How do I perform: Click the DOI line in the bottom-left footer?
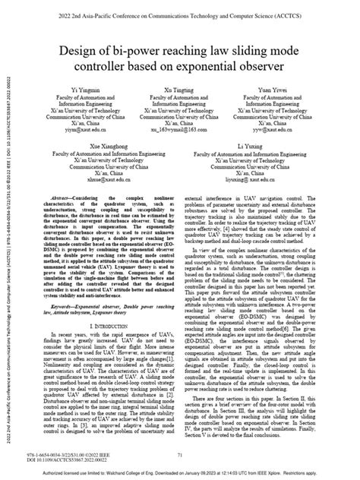(72, 459)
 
